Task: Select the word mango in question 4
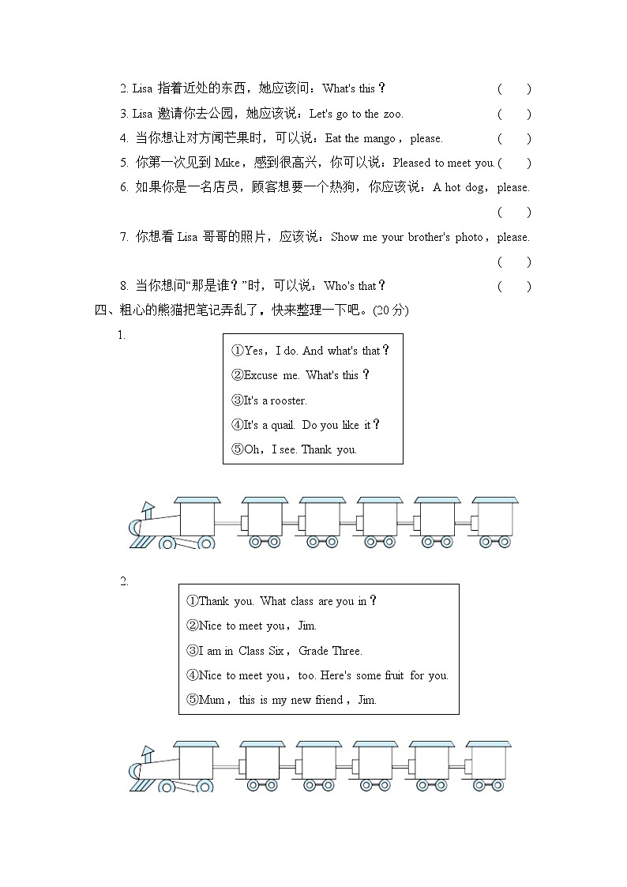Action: (x=379, y=138)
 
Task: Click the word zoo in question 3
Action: (x=392, y=114)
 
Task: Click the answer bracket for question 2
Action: (x=514, y=89)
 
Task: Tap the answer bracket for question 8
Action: (x=514, y=286)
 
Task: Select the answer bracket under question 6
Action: (x=514, y=212)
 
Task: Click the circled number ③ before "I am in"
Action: (x=192, y=651)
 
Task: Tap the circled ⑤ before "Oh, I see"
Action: (x=237, y=449)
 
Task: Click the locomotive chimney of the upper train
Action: (x=147, y=509)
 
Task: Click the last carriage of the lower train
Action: (x=487, y=764)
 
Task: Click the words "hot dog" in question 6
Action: (x=463, y=188)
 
